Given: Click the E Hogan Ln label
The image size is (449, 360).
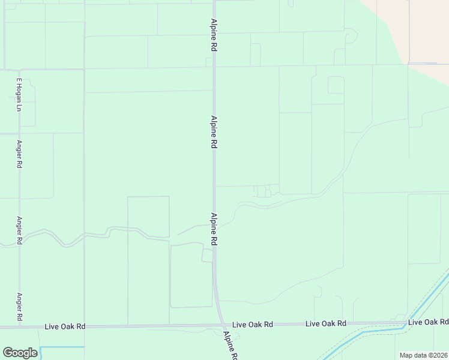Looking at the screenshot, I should [19, 94].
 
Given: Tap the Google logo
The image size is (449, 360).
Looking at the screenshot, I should [20, 353].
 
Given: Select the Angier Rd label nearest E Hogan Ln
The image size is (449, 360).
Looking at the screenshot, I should [19, 154].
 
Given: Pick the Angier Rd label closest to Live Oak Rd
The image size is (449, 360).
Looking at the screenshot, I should [19, 307].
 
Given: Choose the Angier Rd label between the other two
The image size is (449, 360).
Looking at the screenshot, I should [19, 230].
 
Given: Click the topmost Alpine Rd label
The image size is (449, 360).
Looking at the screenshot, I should [213, 34].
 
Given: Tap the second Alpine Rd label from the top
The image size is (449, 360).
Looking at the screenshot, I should [213, 132].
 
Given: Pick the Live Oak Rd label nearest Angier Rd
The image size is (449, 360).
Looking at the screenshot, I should [65, 326].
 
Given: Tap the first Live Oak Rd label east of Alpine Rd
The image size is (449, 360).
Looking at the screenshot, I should [252, 324].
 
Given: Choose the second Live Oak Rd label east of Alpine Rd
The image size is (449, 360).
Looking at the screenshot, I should [326, 323].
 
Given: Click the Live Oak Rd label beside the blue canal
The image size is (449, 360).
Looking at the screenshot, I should [428, 322].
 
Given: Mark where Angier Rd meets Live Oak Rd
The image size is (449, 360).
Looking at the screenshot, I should [19, 327].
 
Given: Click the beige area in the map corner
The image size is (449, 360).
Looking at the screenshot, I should [420, 30].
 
